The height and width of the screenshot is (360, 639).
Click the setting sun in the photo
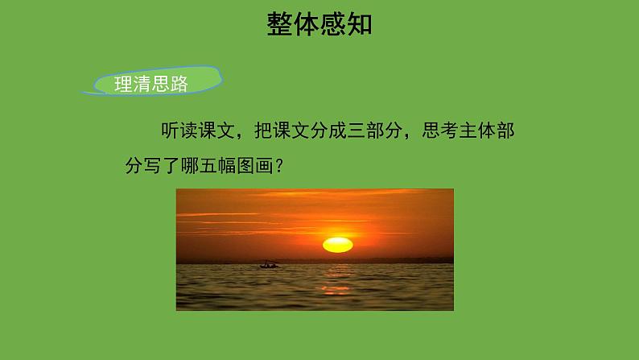coord(337,244)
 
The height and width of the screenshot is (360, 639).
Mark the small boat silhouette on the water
coord(269,264)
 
